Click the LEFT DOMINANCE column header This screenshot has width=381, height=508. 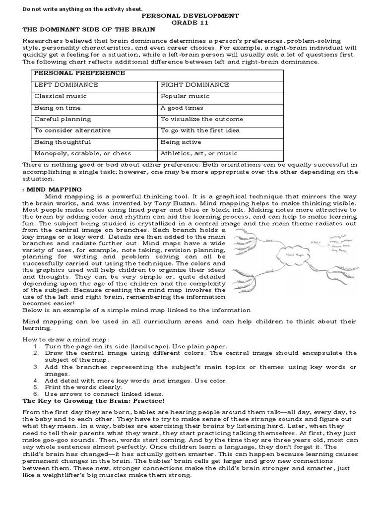click(x=66, y=85)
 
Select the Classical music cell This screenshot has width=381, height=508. click(x=60, y=96)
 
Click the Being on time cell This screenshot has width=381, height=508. click(x=57, y=108)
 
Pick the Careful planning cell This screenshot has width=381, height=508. click(x=63, y=119)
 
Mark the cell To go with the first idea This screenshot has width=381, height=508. click(x=200, y=130)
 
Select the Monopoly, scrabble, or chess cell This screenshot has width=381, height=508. click(x=83, y=153)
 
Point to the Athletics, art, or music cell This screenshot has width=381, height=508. click(x=199, y=153)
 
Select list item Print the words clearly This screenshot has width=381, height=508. click(x=83, y=387)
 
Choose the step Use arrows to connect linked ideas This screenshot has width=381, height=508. click(x=103, y=393)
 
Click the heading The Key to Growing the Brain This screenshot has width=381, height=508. click(x=93, y=400)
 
